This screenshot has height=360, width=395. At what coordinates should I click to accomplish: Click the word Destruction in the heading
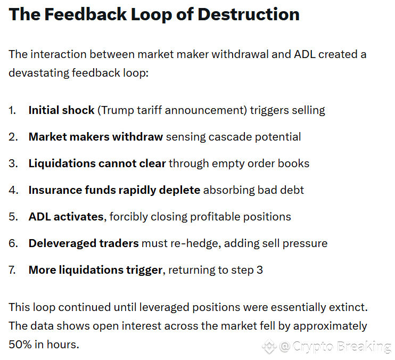(x=248, y=14)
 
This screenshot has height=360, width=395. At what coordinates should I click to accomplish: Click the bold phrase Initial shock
(x=61, y=110)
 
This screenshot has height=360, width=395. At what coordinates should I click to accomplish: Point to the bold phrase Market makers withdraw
(x=96, y=137)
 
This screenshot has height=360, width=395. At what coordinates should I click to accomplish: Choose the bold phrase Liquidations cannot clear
(x=97, y=163)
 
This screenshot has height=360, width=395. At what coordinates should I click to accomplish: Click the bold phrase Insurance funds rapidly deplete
(x=114, y=190)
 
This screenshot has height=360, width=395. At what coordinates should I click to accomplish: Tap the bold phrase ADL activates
(x=65, y=217)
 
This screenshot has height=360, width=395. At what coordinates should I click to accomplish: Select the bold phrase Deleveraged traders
(x=83, y=243)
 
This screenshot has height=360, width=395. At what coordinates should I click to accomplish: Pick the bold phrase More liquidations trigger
(x=95, y=270)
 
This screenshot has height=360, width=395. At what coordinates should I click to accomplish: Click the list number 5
(x=12, y=217)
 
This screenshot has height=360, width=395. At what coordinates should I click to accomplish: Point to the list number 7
(x=12, y=270)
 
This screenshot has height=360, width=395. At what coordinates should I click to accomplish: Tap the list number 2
(x=12, y=137)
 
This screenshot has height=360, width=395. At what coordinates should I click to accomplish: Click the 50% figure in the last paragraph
(x=19, y=344)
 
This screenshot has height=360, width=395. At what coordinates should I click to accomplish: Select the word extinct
(x=349, y=307)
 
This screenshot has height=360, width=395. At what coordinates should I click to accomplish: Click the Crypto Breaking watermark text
(x=341, y=347)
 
